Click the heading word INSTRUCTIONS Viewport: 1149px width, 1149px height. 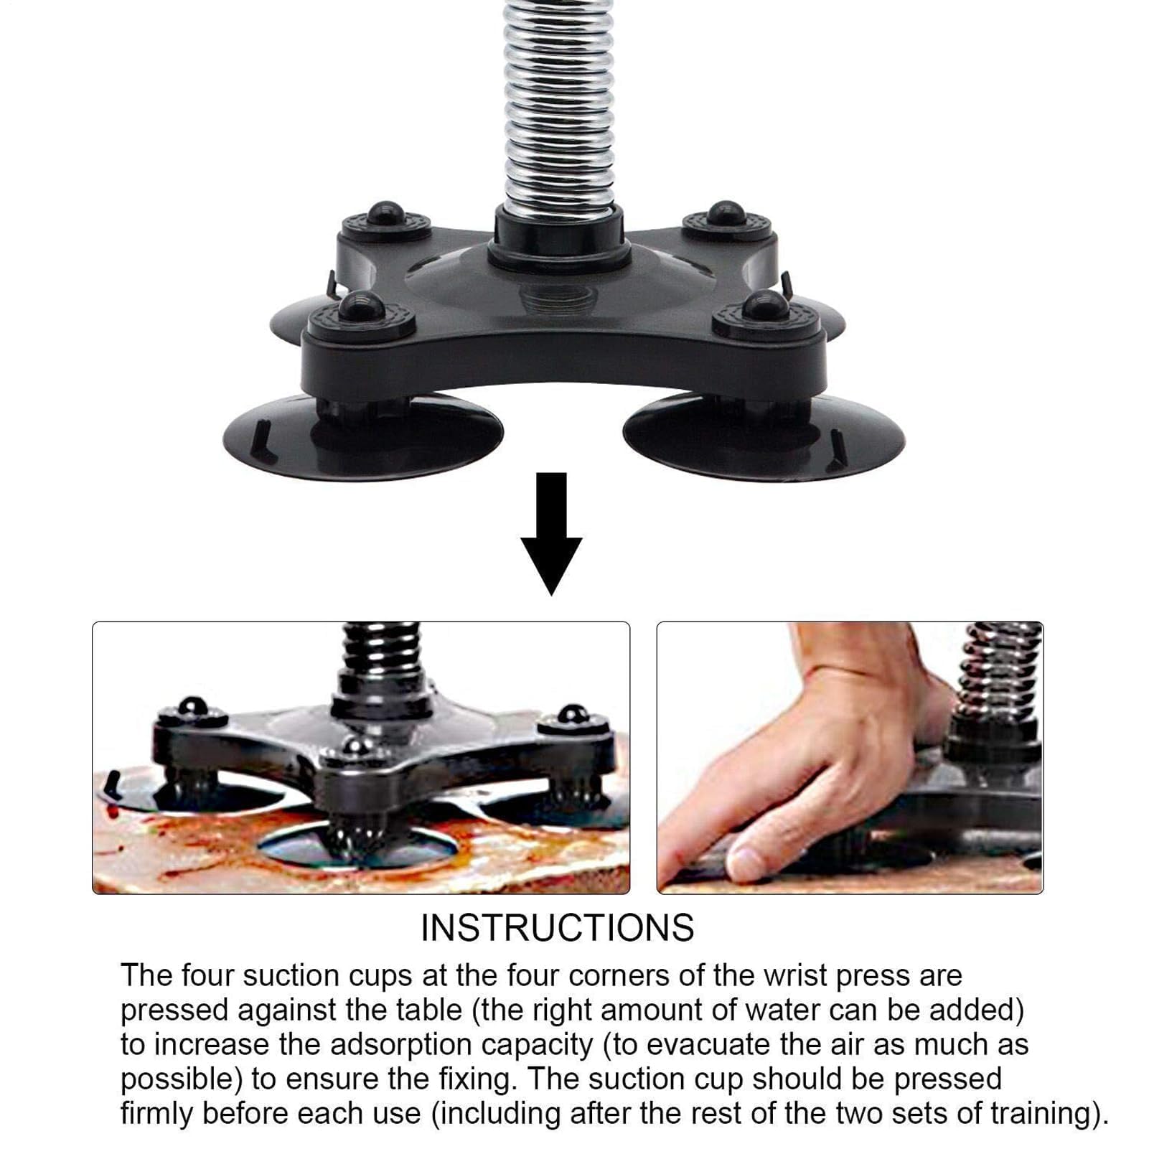[558, 927]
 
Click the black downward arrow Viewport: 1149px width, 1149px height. [551, 533]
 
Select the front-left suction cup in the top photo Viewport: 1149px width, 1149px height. [363, 435]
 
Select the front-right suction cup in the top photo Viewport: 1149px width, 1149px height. [764, 433]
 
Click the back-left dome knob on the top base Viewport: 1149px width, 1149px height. [386, 213]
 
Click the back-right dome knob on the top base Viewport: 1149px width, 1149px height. [726, 213]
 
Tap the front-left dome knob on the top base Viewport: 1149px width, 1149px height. [356, 306]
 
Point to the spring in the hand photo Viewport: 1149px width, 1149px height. [1000, 671]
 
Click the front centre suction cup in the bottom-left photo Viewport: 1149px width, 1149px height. [358, 847]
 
